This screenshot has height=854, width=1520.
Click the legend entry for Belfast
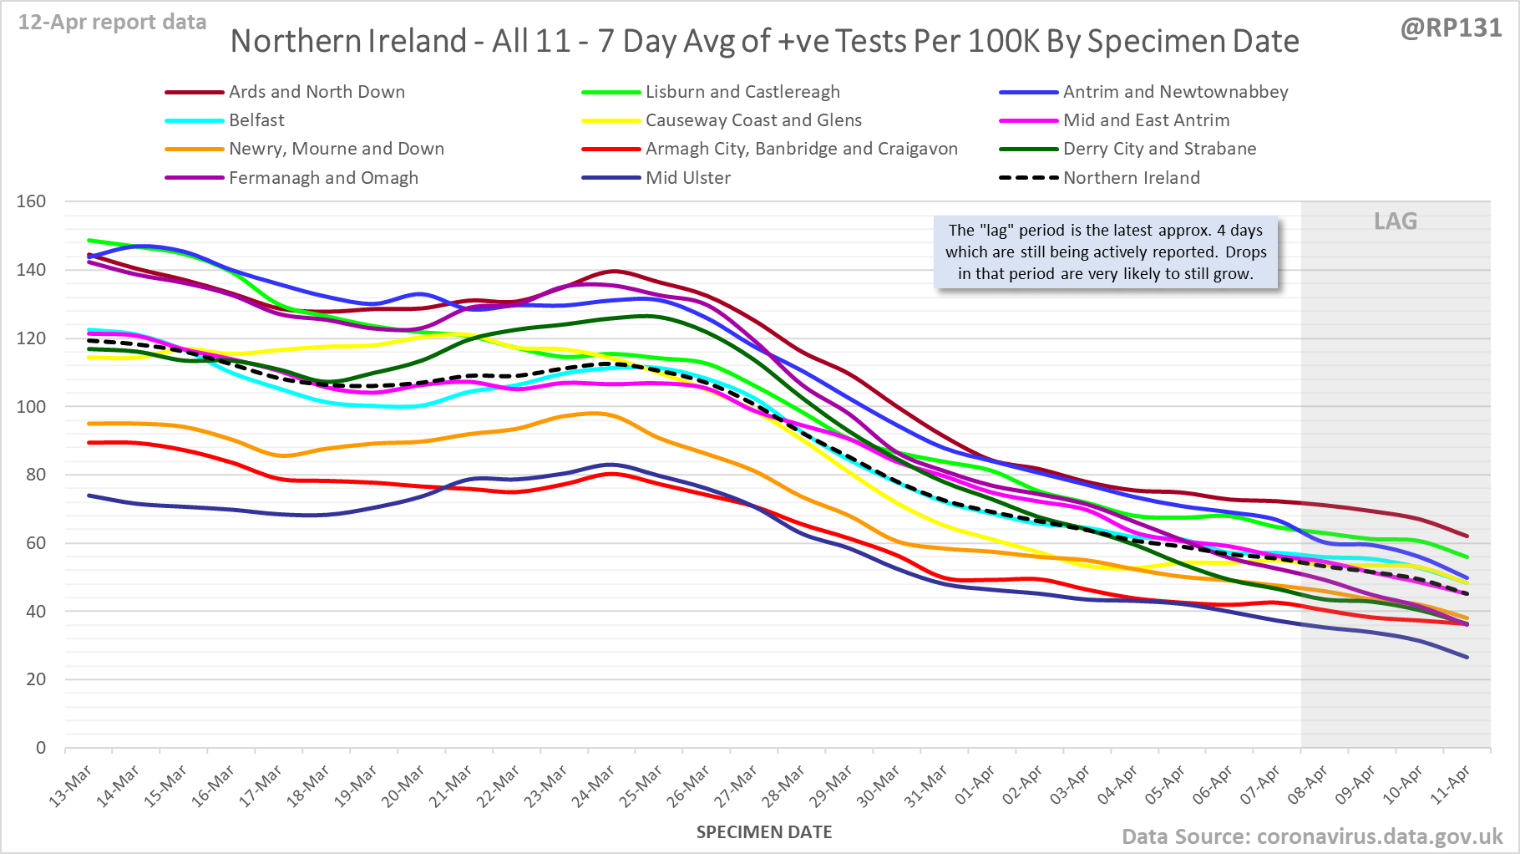pos(256,120)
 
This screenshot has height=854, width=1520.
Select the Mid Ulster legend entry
pos(687,178)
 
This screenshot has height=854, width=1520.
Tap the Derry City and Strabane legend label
pos(1159,149)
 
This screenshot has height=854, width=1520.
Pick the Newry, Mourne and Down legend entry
pos(336,149)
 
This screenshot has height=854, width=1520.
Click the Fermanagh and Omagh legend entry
pos(323,178)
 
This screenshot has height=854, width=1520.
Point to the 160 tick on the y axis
pos(31,201)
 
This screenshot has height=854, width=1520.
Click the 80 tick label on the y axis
pos(36,475)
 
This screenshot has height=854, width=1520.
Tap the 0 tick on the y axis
pos(41,748)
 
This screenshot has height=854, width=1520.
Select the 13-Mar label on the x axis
pos(71,786)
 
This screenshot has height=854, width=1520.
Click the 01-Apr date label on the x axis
pos(975,785)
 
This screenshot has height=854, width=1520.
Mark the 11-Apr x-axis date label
pos(1450,785)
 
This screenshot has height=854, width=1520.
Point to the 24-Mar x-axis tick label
pos(594,786)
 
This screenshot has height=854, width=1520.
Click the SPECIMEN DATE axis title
pos(764,832)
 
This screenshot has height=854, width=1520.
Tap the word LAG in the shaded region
pos(1396,221)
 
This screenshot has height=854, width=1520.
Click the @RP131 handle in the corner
pos(1451,28)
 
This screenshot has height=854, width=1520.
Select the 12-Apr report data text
pos(112,23)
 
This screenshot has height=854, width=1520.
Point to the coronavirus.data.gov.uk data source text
pos(1379,836)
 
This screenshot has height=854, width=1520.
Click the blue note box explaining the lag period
pos(1106,252)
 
